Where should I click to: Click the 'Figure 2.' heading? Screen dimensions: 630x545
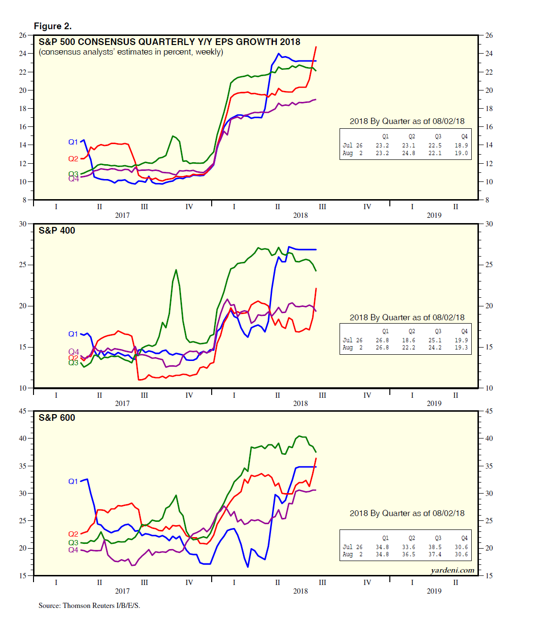click(53, 26)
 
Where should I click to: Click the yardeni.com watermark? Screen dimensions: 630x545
click(452, 570)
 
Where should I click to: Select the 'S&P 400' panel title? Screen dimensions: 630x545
click(57, 231)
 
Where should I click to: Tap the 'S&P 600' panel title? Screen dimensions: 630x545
click(57, 418)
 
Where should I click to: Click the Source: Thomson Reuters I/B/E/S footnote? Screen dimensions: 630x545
click(89, 606)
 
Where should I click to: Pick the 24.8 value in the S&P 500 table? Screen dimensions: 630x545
click(409, 153)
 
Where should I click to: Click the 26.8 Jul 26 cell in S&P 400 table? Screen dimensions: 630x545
click(382, 340)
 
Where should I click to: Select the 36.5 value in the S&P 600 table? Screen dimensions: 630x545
click(409, 554)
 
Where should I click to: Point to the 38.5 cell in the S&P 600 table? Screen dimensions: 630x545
click(435, 547)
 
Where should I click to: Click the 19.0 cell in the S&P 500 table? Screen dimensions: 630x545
click(461, 153)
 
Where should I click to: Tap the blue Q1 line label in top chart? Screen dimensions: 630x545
click(73, 142)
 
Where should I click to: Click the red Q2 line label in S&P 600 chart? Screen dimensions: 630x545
click(73, 534)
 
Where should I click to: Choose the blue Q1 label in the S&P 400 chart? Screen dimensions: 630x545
click(73, 334)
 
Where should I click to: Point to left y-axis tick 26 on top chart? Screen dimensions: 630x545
click(23, 35)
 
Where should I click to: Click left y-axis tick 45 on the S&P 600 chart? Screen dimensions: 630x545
click(23, 411)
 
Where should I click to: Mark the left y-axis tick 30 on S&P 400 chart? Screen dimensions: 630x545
click(23, 224)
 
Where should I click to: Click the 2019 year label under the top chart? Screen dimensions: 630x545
click(434, 215)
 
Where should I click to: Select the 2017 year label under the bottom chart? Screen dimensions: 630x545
click(122, 591)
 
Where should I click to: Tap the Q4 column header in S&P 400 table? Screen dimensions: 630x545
click(464, 331)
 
